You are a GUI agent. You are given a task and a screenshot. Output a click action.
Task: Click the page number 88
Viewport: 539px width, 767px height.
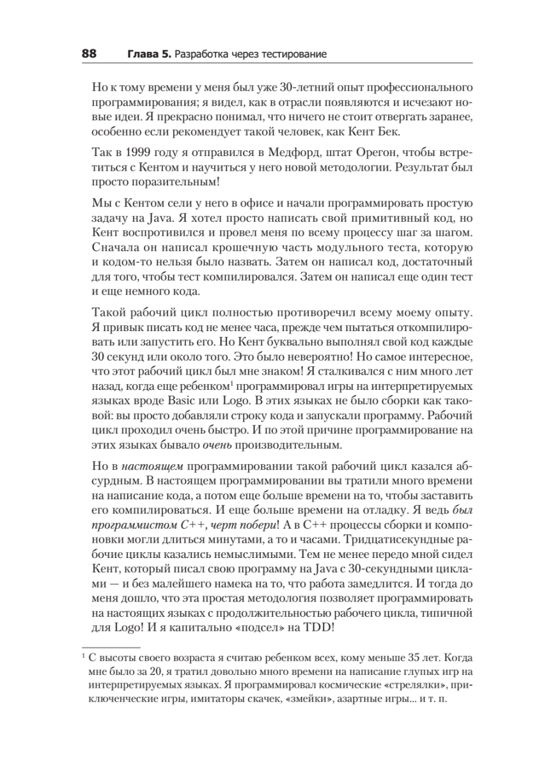coord(88,54)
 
